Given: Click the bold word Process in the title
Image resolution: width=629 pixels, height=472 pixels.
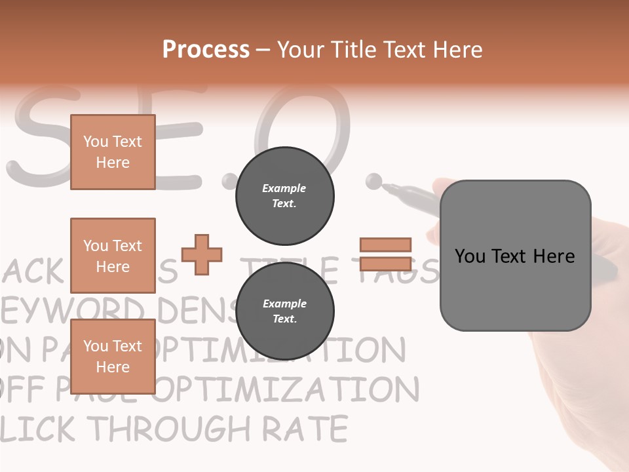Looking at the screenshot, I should pos(206,49).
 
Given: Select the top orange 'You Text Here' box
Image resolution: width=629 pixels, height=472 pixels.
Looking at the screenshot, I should pos(113,152).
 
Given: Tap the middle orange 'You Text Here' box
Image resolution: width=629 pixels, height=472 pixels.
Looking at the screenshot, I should pos(113,256).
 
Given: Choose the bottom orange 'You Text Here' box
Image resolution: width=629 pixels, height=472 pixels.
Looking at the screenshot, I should pos(113,357).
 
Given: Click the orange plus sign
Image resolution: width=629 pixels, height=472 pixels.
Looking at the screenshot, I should pos(202,254).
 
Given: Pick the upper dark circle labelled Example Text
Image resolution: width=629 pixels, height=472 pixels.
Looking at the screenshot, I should pos(284,195).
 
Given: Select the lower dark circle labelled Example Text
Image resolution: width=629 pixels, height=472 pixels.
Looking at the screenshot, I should pos(284,311).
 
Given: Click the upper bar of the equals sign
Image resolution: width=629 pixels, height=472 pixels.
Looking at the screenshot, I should pos(385,245).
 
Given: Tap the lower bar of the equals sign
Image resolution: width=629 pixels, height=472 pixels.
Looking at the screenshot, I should pos(385,264).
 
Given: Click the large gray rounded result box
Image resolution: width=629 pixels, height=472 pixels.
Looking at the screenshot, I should pos(515,256).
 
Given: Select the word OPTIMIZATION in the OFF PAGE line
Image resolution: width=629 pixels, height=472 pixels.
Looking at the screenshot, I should pos(288,390).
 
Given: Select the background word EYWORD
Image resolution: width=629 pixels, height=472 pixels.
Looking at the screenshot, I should pos(72,311).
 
